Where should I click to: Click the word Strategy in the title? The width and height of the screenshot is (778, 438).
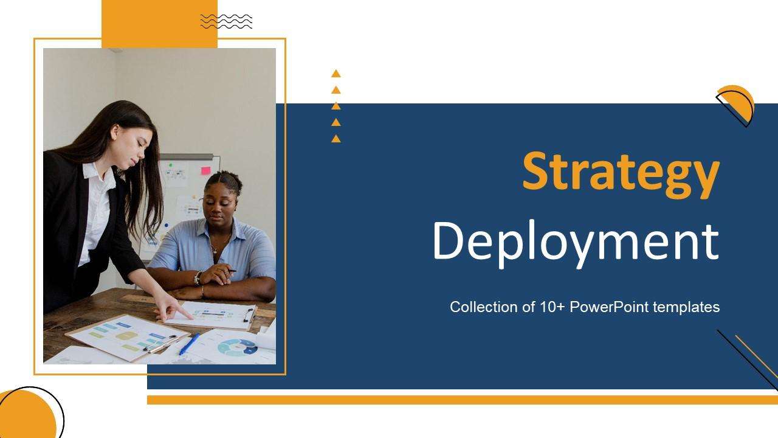[621, 173]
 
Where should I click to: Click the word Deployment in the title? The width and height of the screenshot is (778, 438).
[575, 242]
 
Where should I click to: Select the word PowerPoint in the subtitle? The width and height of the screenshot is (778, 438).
[610, 307]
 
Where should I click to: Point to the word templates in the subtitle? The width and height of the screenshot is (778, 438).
[686, 307]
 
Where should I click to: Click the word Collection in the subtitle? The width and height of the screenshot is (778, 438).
[480, 307]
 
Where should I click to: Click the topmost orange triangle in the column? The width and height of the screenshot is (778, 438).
[336, 74]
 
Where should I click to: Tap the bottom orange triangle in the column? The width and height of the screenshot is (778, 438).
[336, 139]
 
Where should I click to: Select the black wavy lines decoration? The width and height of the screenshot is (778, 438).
[226, 21]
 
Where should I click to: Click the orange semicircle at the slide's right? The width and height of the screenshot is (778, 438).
[737, 102]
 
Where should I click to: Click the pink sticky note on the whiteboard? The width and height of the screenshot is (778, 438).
[205, 170]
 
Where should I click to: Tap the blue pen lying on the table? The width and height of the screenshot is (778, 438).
[189, 344]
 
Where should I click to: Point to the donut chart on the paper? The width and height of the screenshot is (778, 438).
[237, 347]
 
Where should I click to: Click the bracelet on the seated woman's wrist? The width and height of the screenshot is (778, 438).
[198, 278]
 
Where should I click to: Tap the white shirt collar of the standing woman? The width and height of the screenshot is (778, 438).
[91, 171]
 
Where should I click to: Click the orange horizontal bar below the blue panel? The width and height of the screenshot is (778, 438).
[462, 400]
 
